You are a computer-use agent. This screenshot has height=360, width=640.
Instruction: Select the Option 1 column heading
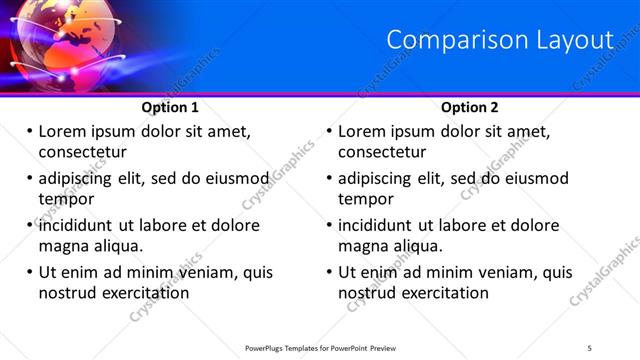(170, 107)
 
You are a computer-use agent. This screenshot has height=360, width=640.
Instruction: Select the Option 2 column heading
(470, 107)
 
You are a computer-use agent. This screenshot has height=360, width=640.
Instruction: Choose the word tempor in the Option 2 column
(366, 199)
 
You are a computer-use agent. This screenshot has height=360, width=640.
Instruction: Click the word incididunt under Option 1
(81, 225)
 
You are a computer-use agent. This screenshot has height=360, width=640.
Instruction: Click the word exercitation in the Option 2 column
(441, 293)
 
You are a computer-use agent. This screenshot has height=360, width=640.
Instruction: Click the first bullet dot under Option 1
(29, 131)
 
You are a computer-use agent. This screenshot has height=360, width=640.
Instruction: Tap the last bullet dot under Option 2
(329, 272)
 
